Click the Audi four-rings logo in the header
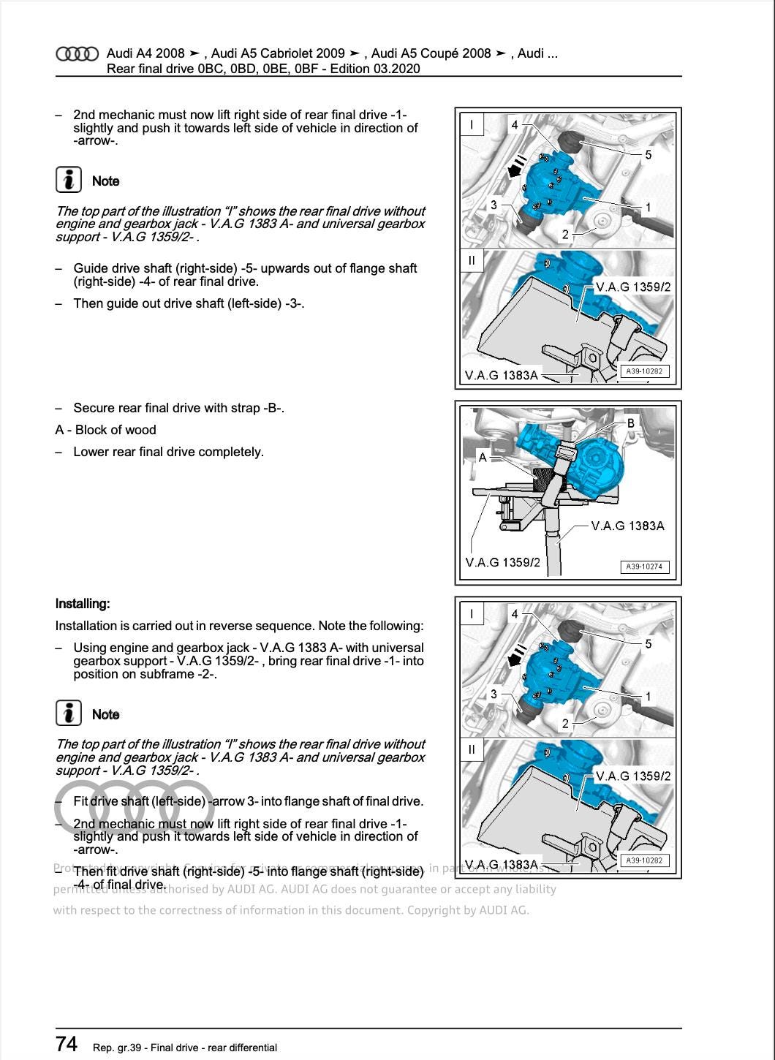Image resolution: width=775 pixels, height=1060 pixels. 77,54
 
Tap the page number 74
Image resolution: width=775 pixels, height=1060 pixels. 67,1043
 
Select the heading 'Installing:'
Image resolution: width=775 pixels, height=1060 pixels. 83,604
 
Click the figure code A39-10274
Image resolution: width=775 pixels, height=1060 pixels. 644,567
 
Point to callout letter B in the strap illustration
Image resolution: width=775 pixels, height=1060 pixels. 631,423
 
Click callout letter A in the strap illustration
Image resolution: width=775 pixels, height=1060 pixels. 483,458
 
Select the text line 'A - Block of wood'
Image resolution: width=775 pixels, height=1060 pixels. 105,430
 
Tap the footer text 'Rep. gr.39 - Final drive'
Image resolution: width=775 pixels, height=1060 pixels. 185,1048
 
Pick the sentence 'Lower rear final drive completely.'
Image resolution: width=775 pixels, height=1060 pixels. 168,452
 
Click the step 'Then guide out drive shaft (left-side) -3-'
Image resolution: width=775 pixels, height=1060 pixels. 189,303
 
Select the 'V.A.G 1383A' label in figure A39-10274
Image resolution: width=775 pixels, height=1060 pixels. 627,526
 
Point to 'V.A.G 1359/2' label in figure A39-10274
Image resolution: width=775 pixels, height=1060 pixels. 502,562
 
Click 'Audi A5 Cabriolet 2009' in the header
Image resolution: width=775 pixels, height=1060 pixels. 278,53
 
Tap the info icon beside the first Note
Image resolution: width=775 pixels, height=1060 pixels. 68,180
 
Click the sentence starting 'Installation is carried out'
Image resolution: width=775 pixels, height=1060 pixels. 239,626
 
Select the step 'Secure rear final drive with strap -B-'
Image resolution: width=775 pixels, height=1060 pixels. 178,408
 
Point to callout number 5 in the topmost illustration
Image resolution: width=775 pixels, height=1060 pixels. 648,154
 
